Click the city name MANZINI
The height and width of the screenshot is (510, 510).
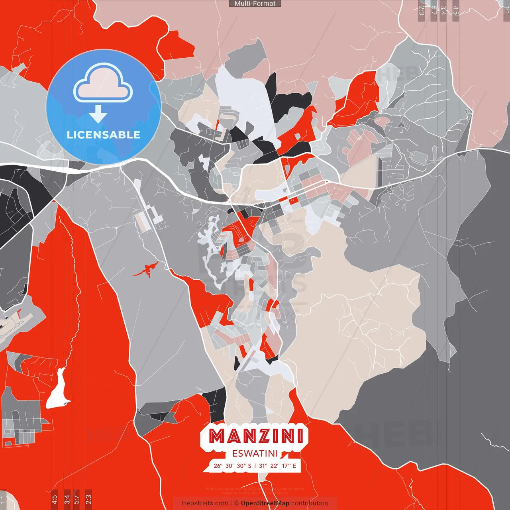[x=256, y=436]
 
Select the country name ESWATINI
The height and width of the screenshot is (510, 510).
[x=255, y=454]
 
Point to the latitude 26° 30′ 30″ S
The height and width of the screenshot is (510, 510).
[x=232, y=466]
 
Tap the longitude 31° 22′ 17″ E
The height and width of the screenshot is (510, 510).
[x=278, y=466]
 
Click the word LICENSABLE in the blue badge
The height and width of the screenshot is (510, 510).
[x=104, y=135]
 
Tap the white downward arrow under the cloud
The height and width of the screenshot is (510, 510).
[x=98, y=114]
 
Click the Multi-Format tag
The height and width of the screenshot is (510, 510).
[x=255, y=4]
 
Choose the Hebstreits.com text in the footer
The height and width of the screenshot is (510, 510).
[x=205, y=503]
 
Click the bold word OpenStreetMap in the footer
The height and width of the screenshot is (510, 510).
[x=265, y=503]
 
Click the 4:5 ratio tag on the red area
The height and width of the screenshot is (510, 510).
[x=54, y=498]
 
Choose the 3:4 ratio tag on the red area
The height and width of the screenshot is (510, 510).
[x=67, y=498]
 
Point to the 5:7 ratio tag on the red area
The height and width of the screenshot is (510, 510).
[x=76, y=498]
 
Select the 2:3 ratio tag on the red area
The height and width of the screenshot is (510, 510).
[x=88, y=498]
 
